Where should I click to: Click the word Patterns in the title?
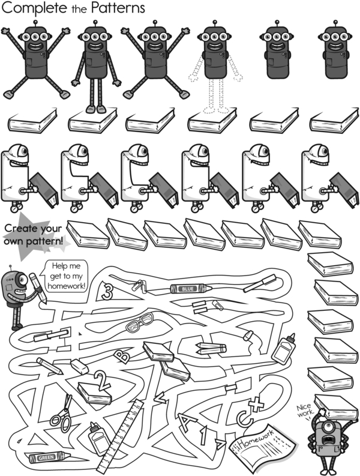118,8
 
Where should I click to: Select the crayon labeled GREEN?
49,457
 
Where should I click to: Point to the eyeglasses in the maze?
140,323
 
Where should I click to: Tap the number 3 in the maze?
107,291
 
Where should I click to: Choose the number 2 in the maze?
102,381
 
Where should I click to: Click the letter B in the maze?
122,356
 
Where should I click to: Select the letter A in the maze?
186,420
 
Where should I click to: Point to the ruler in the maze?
120,434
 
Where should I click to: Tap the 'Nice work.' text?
304,411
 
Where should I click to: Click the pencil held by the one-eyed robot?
38,288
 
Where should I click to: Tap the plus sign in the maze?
256,404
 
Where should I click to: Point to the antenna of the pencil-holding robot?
11,268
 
